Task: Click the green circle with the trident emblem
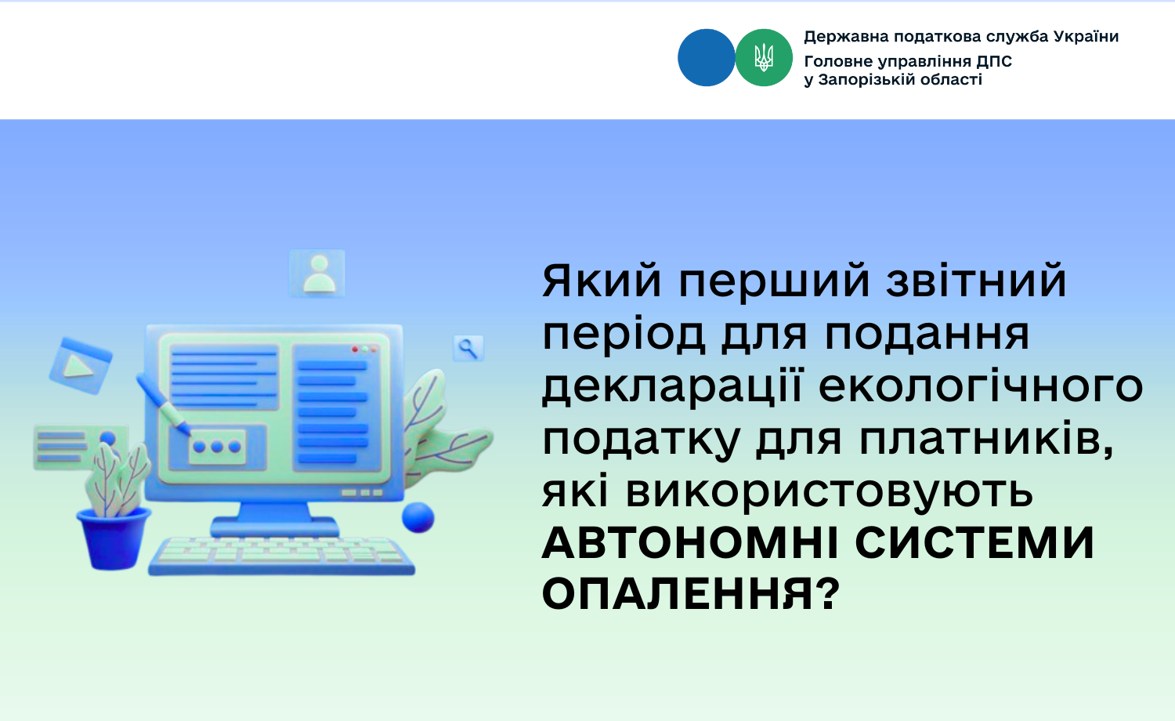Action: click(x=764, y=57)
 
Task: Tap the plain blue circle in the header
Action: click(x=706, y=57)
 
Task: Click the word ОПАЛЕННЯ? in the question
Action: click(x=691, y=593)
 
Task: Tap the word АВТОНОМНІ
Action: click(x=690, y=542)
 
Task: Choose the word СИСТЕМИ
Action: click(x=974, y=542)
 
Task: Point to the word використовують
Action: click(x=830, y=492)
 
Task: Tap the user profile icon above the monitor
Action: click(x=317, y=273)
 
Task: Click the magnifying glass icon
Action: click(x=468, y=348)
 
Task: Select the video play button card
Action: click(x=80, y=366)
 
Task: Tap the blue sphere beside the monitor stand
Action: click(x=418, y=517)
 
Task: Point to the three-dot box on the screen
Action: click(x=217, y=447)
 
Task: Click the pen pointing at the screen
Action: click(x=164, y=404)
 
